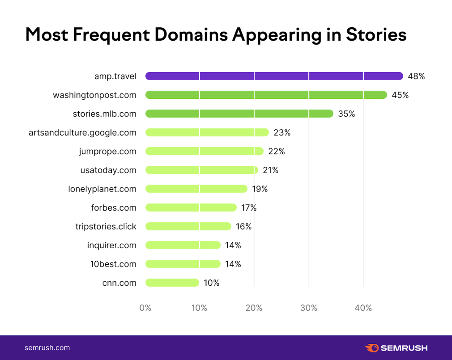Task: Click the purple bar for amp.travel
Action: coord(274,76)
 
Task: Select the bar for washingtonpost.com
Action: coord(266,95)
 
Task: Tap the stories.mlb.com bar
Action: coord(239,114)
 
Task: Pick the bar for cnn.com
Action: coord(172,283)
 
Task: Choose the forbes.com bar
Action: coord(191,208)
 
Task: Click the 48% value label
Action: coord(416,76)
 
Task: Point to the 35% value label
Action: coord(346,114)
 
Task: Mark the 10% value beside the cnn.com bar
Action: coord(211,283)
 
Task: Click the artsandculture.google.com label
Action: coord(82,132)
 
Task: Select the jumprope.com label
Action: coord(107,151)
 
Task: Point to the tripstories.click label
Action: coord(106,226)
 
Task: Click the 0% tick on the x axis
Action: coord(145,308)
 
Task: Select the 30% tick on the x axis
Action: coord(309,308)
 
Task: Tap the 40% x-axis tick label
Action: coord(363,308)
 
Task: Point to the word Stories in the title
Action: coord(376,35)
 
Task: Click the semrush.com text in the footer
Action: coord(47,347)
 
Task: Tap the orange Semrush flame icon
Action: coord(372,347)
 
